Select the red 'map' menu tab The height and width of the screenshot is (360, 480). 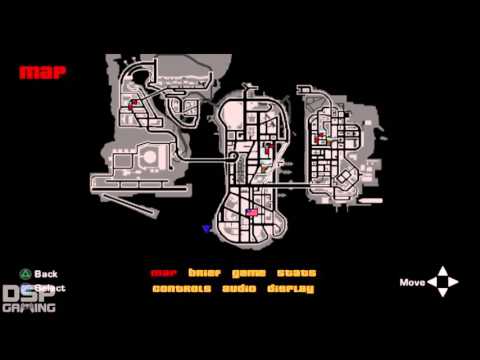click(163, 273)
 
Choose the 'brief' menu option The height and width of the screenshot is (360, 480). click(203, 273)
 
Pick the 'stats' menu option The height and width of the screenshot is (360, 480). click(297, 273)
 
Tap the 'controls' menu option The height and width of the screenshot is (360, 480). click(181, 289)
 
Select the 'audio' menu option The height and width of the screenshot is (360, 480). click(238, 289)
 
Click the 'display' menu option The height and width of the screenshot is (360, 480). click(290, 289)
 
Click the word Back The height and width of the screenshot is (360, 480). click(46, 273)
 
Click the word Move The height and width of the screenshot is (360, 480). click(412, 282)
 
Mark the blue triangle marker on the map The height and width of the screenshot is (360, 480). click(206, 229)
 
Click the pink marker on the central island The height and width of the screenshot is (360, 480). click(252, 212)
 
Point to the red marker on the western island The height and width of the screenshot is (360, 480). click(131, 103)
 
